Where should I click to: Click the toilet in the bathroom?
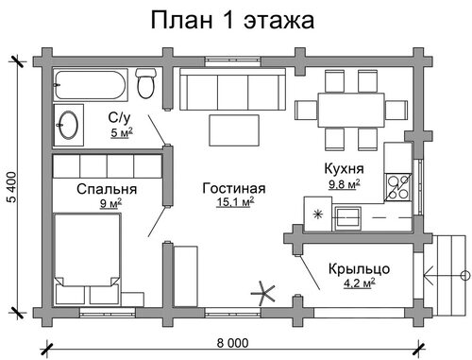pyautogui.click(x=145, y=83)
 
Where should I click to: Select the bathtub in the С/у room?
pyautogui.click(x=91, y=85)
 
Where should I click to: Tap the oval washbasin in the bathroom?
pyautogui.click(x=69, y=125)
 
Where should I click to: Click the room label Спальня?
pyautogui.click(x=107, y=189)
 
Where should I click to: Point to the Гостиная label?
pyautogui.click(x=234, y=188)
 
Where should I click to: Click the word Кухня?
pyautogui.click(x=344, y=168)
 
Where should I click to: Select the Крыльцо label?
pyautogui.click(x=360, y=269)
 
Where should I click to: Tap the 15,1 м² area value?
pyautogui.click(x=235, y=202)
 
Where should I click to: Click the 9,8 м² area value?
pyautogui.click(x=345, y=184)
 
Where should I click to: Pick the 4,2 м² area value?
pyautogui.click(x=359, y=283)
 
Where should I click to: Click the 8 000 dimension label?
pyautogui.click(x=232, y=343)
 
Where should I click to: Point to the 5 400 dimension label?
pyautogui.click(x=11, y=187)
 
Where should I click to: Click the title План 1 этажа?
pyautogui.click(x=232, y=21)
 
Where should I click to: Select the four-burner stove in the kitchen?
pyautogui.click(x=397, y=187)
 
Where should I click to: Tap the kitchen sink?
pyautogui.click(x=347, y=217)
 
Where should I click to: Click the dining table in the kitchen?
pyautogui.click(x=351, y=110)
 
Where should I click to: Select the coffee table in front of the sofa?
pyautogui.click(x=234, y=130)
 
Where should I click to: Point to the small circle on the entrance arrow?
pyautogui.click(x=464, y=276)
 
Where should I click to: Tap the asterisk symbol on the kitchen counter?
pyautogui.click(x=318, y=214)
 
